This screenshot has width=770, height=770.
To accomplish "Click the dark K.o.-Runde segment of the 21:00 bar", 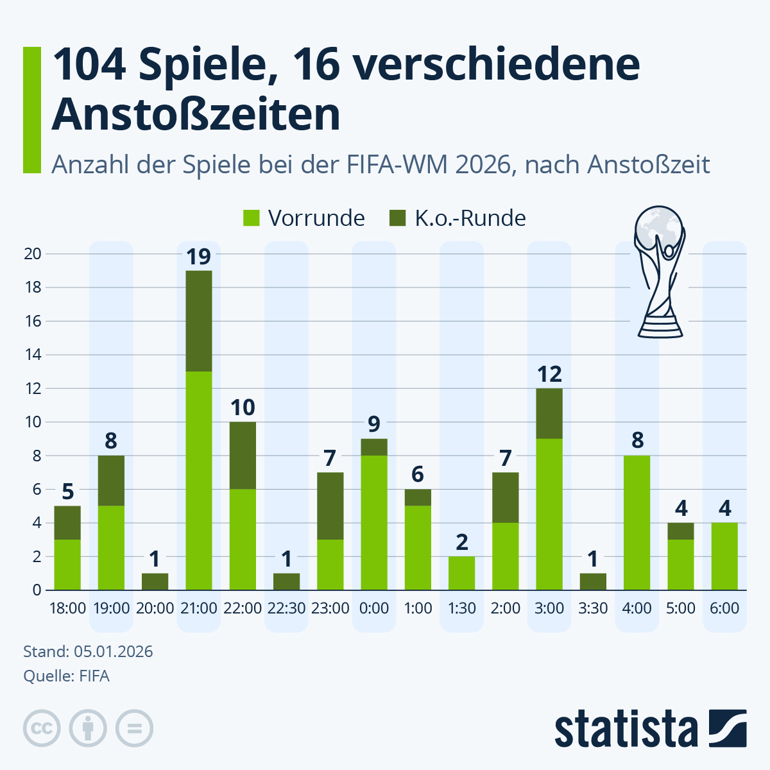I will click(x=199, y=321).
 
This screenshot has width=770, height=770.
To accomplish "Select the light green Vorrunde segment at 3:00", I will click(x=549, y=513).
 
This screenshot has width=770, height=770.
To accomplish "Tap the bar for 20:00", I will click(x=155, y=581).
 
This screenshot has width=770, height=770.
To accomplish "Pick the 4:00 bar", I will click(x=637, y=523).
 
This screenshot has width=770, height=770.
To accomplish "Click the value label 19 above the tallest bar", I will click(x=199, y=257).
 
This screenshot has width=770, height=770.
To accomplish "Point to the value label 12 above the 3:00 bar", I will click(x=549, y=374).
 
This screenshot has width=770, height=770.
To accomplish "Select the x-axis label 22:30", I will click(x=286, y=608).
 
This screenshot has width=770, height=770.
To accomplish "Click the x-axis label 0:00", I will click(x=374, y=608).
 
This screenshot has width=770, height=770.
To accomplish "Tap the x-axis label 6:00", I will click(x=724, y=608).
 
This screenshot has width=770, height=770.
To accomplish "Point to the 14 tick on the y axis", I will click(x=33, y=355).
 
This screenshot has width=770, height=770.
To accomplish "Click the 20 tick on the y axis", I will click(x=33, y=254).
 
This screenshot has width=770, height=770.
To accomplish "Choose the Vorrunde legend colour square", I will click(x=252, y=218).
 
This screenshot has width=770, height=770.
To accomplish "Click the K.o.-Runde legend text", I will click(x=470, y=218).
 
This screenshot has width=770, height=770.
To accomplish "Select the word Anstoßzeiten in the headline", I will click(x=196, y=116).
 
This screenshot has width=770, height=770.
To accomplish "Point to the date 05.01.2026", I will click(x=113, y=652).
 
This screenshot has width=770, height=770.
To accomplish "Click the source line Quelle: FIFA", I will click(x=66, y=676).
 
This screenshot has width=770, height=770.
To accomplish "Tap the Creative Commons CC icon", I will click(x=42, y=729).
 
